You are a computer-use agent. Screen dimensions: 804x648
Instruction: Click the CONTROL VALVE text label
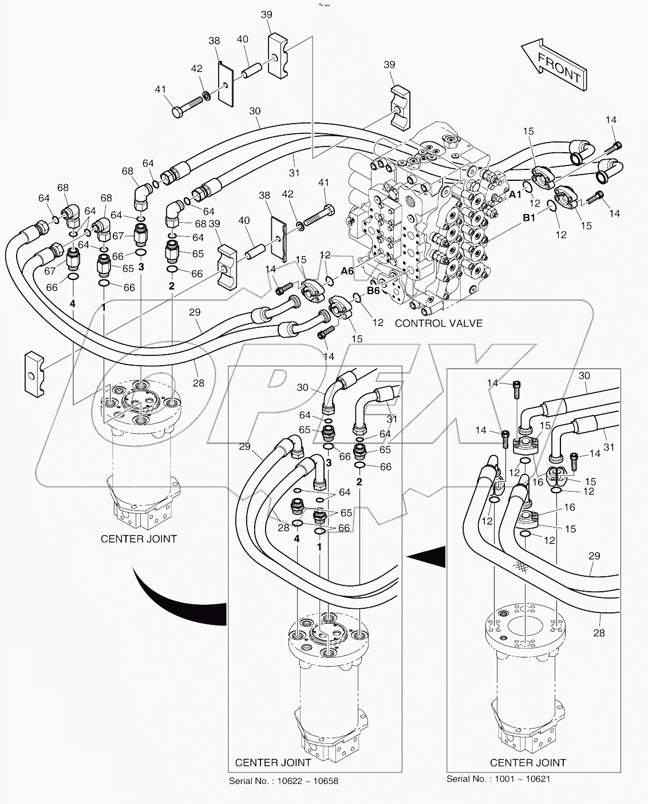438,323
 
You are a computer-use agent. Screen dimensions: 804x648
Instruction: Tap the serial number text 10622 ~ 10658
283,781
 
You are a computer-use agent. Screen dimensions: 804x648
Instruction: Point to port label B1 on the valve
528,218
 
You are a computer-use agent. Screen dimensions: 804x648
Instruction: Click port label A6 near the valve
347,272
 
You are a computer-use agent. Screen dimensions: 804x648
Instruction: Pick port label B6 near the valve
373,291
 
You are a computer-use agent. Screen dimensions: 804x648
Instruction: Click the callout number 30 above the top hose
255,111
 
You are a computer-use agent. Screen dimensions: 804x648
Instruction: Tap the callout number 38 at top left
214,41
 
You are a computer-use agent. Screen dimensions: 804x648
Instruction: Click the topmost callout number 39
266,15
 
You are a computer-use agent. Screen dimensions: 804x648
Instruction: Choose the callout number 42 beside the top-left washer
196,69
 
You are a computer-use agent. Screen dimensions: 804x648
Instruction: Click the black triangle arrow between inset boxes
428,554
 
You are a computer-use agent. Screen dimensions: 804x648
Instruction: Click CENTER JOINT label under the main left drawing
139,538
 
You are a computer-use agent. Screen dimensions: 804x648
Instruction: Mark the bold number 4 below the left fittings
73,304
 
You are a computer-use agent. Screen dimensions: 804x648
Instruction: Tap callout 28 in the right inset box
599,633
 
